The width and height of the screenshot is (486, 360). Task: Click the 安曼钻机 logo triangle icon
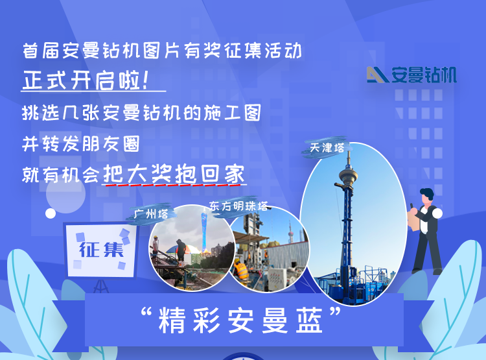pyautogui.click(x=378, y=75)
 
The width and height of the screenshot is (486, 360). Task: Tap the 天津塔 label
pyautogui.click(x=327, y=148)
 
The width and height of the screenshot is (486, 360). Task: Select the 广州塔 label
pyautogui.click(x=151, y=214)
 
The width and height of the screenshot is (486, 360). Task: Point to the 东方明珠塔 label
pyautogui.click(x=238, y=206)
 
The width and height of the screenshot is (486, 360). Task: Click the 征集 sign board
pyautogui.click(x=100, y=250)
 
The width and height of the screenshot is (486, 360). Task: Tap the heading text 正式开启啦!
pyautogui.click(x=86, y=80)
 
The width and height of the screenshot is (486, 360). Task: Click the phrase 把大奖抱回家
pyautogui.click(x=174, y=174)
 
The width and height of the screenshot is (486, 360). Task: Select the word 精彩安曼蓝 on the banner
pyautogui.click(x=240, y=320)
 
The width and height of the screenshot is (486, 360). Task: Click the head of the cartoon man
pyautogui.click(x=427, y=195)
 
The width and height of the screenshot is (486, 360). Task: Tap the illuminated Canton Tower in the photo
pyautogui.click(x=204, y=231)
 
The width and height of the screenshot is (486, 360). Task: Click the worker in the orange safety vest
pyautogui.click(x=241, y=269)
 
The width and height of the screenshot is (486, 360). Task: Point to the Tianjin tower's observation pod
pyautogui.click(x=349, y=176)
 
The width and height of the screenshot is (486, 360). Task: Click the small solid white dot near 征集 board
pyautogui.click(x=51, y=213)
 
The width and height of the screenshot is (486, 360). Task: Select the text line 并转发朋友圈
pyautogui.click(x=81, y=144)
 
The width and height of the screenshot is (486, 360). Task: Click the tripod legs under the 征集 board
pyautogui.click(x=100, y=286)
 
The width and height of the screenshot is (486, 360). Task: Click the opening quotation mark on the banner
pyautogui.click(x=146, y=311)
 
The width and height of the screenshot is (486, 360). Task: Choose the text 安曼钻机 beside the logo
pyautogui.click(x=424, y=75)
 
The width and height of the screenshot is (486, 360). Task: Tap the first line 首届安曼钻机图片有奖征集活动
pyautogui.click(x=162, y=51)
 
